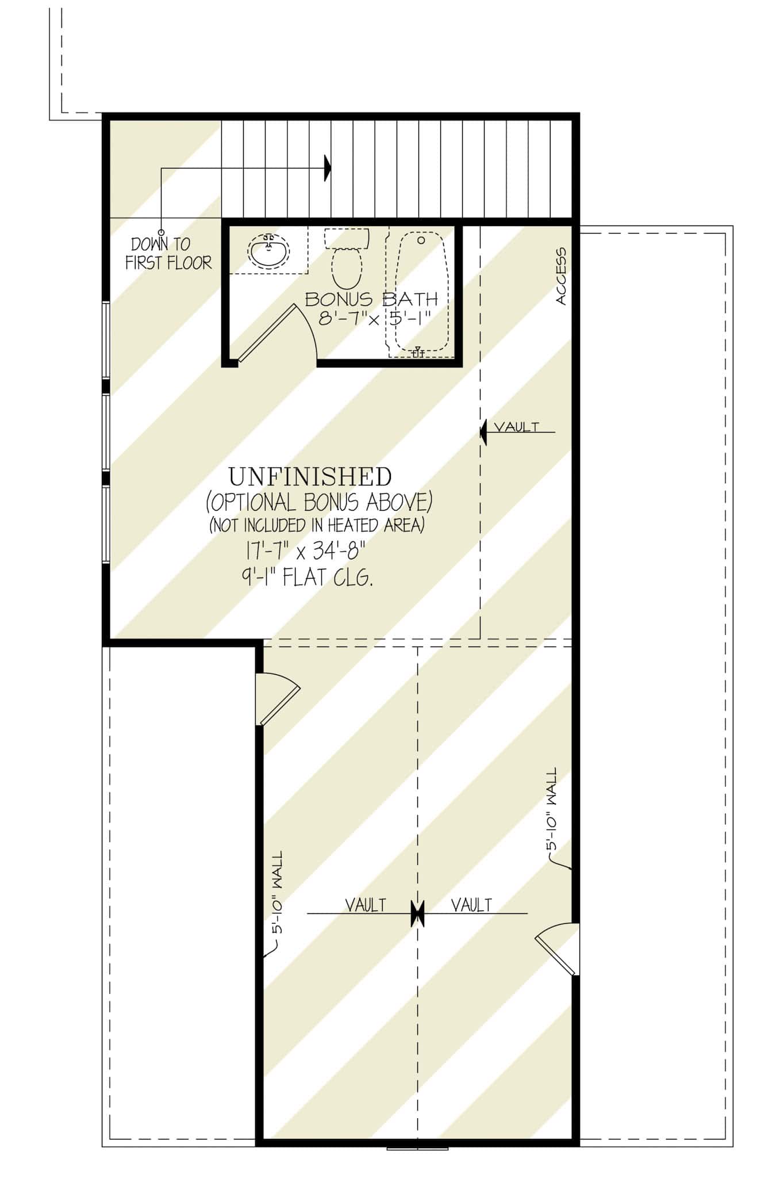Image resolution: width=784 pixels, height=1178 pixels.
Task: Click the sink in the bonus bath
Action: click(x=268, y=251)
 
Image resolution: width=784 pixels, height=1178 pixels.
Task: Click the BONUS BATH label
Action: click(x=371, y=299)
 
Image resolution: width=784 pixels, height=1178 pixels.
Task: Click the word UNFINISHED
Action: click(x=310, y=477)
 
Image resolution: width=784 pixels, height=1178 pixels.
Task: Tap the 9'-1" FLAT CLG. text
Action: click(x=307, y=577)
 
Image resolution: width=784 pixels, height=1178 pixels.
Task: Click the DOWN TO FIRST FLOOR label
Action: click(x=168, y=254)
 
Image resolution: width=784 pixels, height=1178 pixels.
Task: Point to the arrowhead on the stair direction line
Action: click(x=328, y=168)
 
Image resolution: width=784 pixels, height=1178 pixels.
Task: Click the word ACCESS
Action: click(x=561, y=276)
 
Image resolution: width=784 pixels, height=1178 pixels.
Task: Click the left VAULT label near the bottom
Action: click(x=366, y=905)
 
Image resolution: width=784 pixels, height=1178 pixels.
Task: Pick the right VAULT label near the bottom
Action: click(x=471, y=905)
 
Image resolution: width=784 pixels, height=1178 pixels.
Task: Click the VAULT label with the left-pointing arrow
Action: click(x=517, y=427)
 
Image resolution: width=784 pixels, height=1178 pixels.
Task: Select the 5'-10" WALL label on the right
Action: click(x=552, y=809)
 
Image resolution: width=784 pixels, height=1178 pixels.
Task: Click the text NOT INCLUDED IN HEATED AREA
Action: click(x=317, y=525)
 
